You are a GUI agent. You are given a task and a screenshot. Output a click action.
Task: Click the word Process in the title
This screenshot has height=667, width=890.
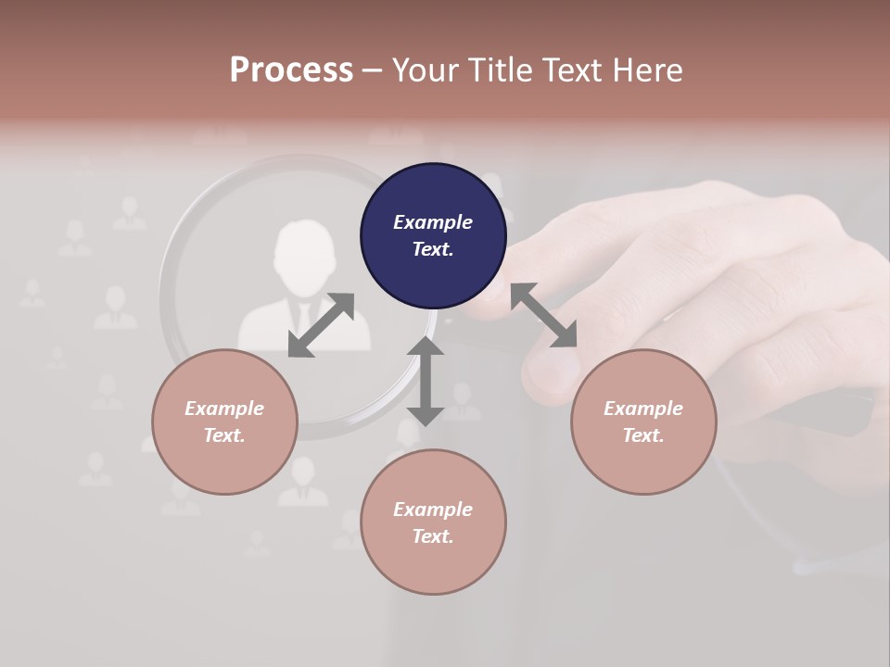click(x=291, y=69)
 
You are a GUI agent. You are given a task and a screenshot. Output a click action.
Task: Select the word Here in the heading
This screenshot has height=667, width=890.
click(x=646, y=69)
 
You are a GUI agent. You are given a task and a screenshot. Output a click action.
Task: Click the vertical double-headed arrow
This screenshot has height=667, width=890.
click(x=425, y=381)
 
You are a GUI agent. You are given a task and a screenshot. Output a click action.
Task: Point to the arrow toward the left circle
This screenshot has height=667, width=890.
click(x=321, y=325)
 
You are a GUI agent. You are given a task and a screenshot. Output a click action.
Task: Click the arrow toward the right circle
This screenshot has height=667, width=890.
click(x=544, y=316)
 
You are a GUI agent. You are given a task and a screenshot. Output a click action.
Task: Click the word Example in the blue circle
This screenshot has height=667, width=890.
click(x=433, y=222)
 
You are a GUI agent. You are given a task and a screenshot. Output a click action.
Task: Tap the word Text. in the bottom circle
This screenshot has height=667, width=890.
click(x=433, y=536)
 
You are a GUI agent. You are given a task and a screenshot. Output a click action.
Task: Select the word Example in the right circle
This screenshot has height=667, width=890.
click(x=643, y=409)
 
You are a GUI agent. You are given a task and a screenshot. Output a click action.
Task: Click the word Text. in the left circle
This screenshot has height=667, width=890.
click(x=224, y=435)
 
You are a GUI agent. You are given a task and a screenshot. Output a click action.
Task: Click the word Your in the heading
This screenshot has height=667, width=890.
click(x=424, y=69)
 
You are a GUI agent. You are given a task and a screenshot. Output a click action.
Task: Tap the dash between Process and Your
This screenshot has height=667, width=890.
click(x=373, y=70)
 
